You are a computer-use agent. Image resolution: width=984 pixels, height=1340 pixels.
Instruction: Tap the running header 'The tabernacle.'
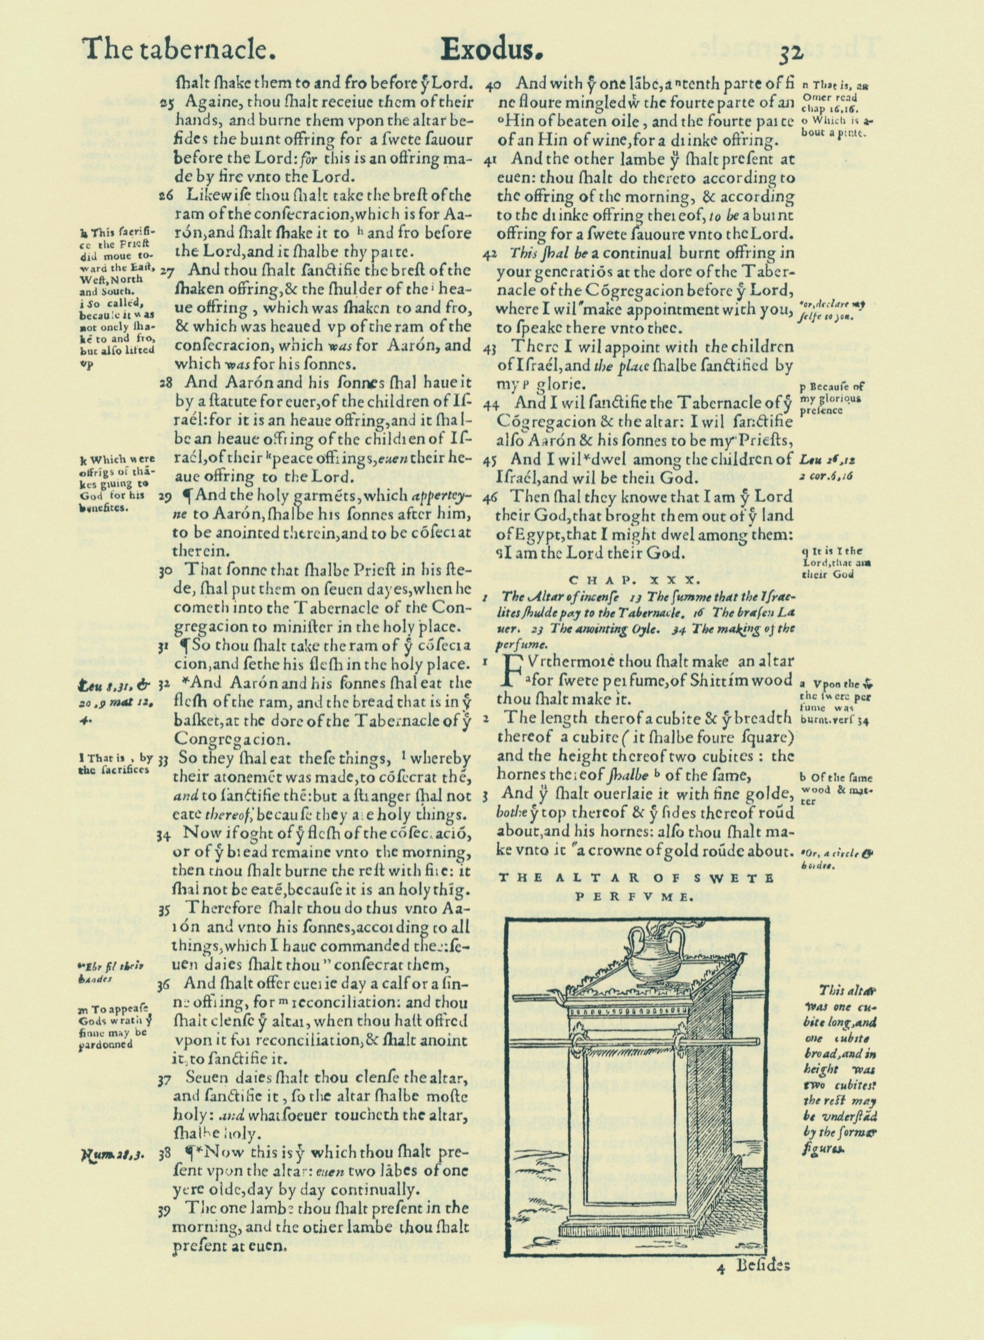[x=178, y=50]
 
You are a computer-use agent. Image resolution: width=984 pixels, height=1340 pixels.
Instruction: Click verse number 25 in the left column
[x=166, y=103]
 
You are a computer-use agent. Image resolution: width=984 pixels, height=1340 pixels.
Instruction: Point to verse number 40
[x=493, y=84]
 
